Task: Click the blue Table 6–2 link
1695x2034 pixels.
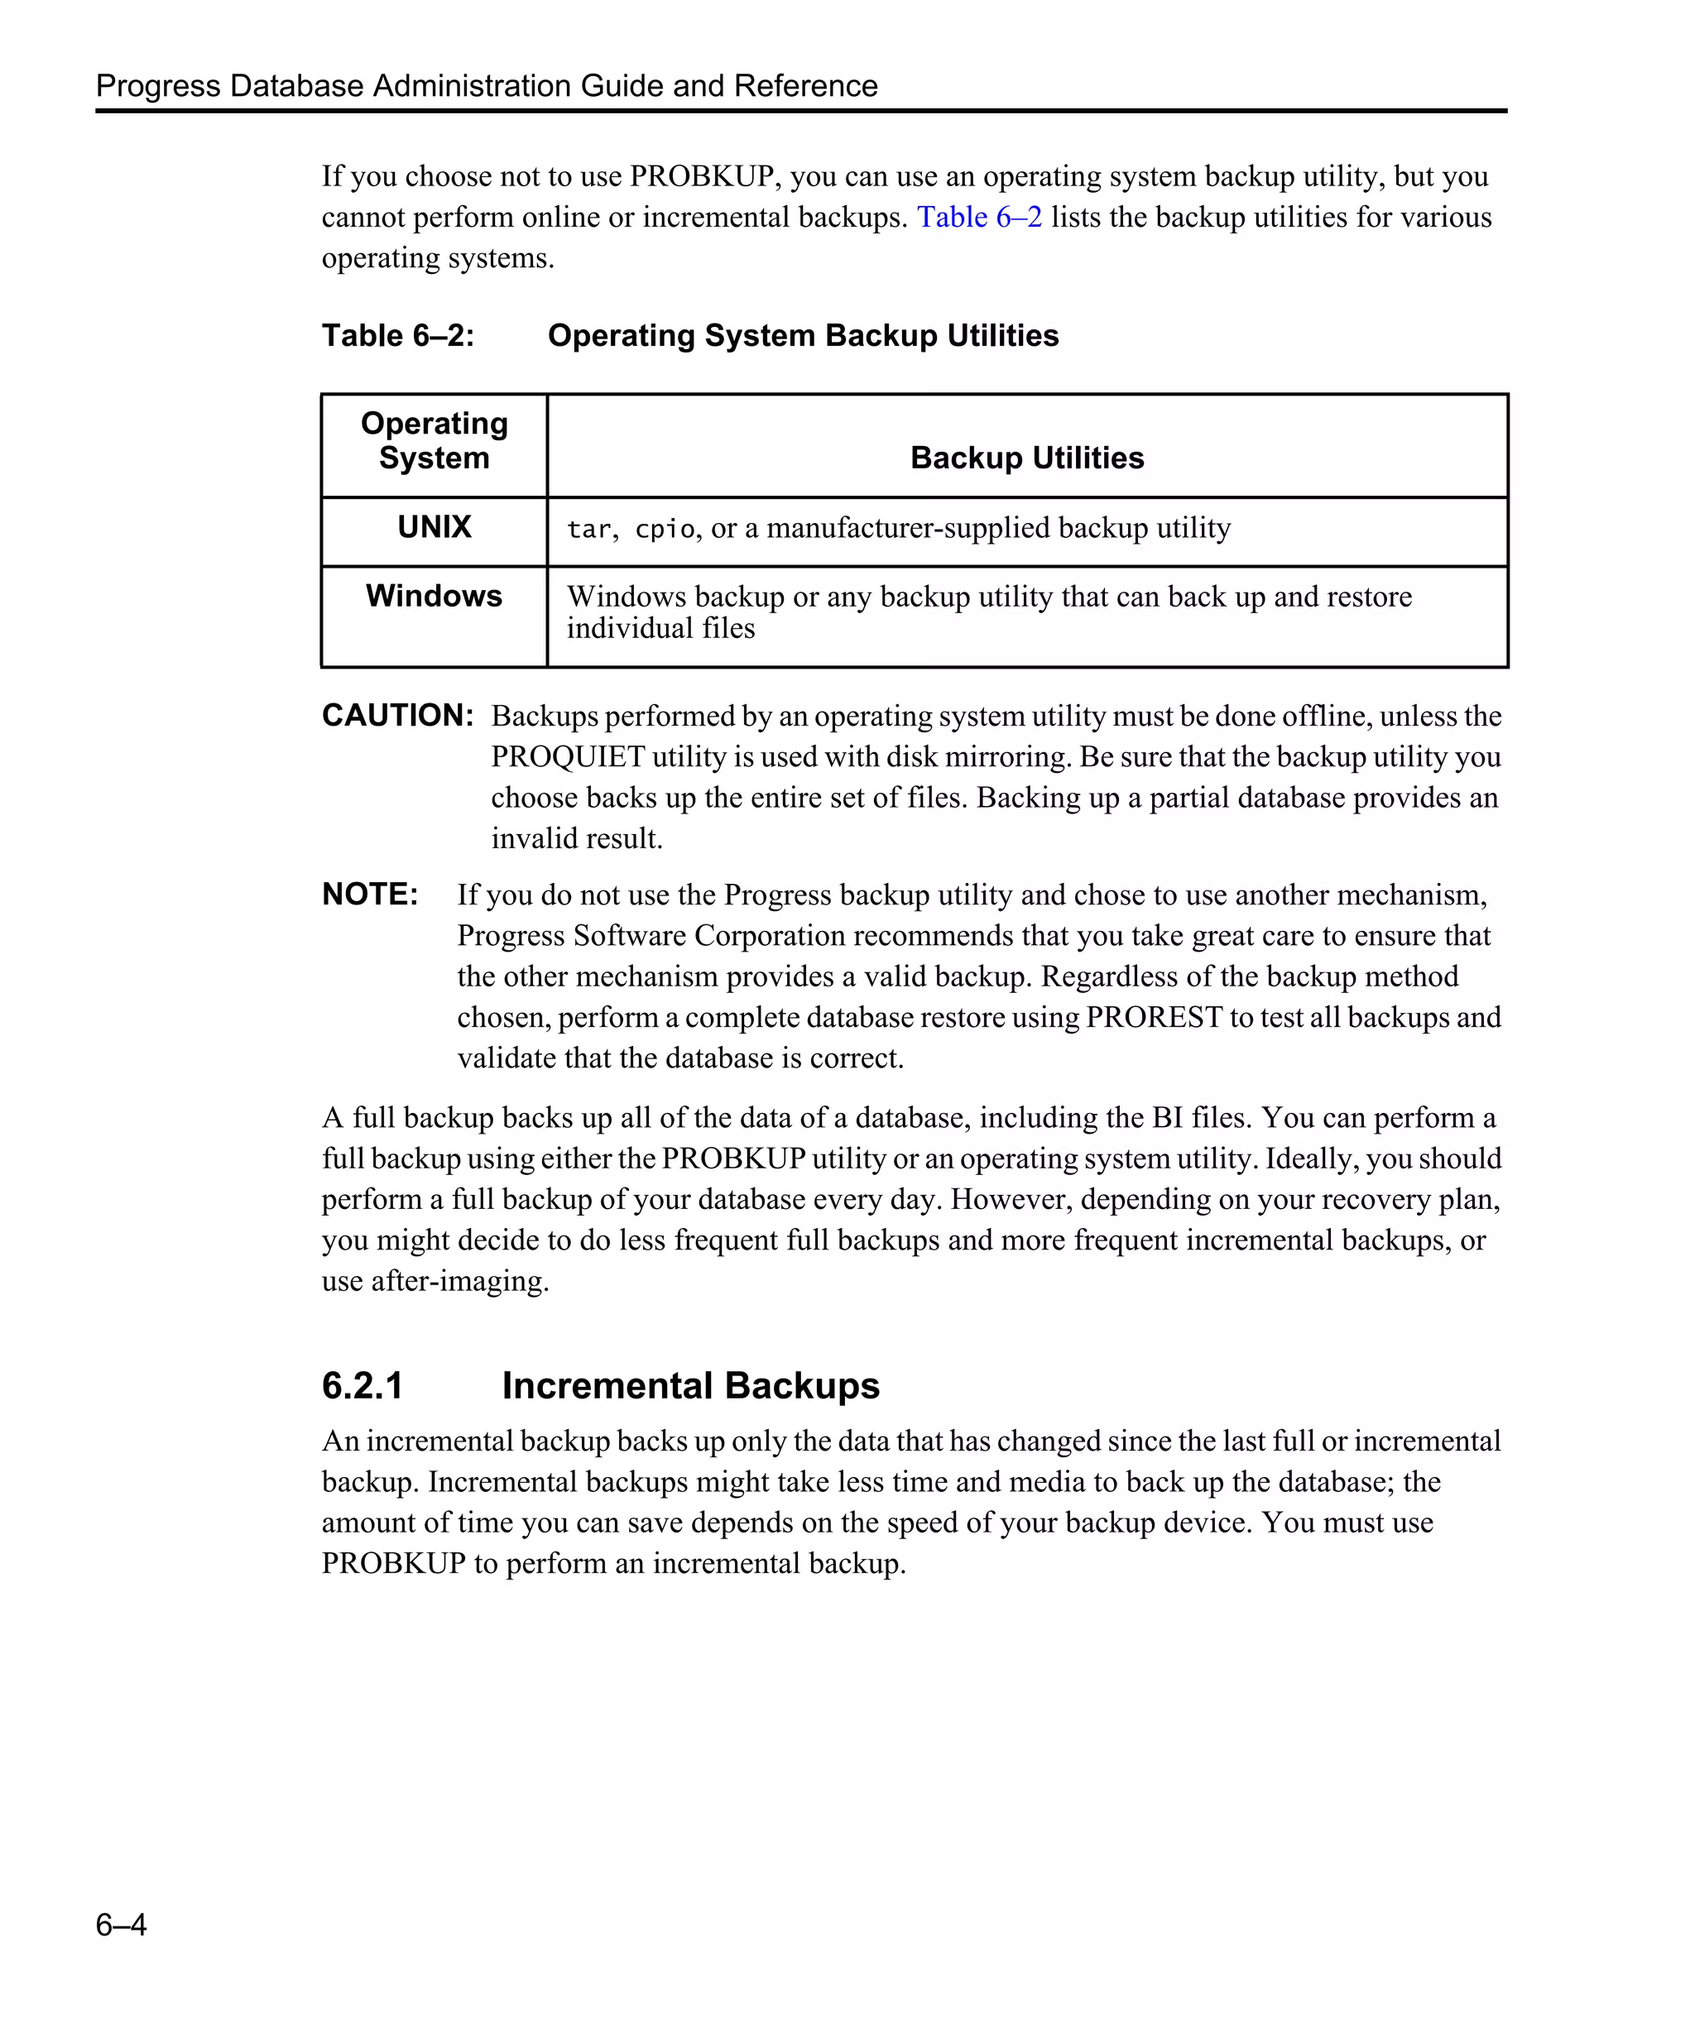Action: point(978,217)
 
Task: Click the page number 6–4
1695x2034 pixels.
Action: point(121,1924)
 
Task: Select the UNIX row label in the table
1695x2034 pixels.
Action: point(434,527)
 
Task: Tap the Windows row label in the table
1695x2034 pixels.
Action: point(434,596)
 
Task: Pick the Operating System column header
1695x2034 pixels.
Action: point(434,441)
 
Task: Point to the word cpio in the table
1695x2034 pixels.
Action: point(665,530)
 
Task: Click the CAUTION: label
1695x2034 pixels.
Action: point(398,716)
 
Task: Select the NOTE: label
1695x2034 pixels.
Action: point(370,894)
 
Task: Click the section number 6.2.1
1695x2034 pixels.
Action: point(363,1386)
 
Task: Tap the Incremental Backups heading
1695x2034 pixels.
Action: point(689,1386)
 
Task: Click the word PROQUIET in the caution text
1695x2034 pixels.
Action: point(568,756)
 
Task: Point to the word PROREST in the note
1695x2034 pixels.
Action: point(1154,1017)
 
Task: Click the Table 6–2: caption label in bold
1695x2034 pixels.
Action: point(398,335)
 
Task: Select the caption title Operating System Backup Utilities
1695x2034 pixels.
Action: point(803,335)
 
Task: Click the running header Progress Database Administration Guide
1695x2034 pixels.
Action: point(486,85)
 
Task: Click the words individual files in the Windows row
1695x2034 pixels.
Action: point(660,629)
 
